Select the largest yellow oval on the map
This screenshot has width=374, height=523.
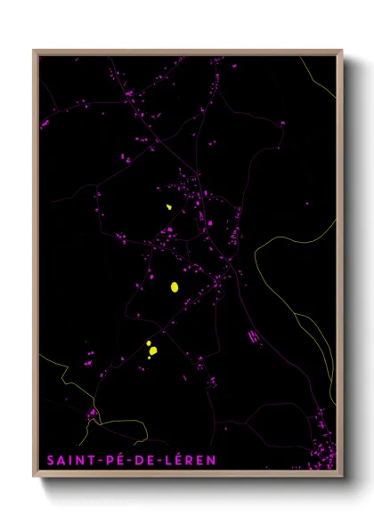175,286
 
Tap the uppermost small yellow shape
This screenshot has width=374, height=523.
167,208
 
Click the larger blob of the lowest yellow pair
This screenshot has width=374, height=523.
153,350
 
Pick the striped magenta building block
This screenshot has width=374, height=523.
254,336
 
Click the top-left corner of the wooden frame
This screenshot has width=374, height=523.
34,51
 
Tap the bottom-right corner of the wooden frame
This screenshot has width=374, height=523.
342,478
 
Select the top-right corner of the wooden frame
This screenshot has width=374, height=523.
342,51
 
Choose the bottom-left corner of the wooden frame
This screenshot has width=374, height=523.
34,478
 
